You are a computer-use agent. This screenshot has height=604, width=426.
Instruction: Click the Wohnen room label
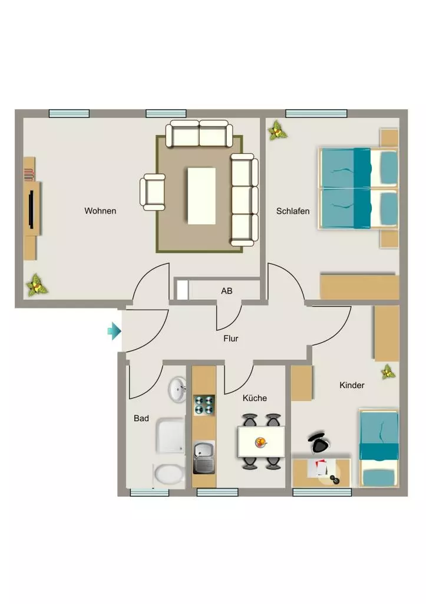pos(100,211)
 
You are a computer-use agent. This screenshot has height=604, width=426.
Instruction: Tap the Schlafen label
pos(293,211)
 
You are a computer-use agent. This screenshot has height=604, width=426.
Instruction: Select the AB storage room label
pos(227,291)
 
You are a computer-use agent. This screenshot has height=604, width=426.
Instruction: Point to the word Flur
pos(231,338)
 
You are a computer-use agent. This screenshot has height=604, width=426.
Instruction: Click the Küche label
pos(255,398)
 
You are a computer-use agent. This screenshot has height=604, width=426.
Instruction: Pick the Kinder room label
pos(352,385)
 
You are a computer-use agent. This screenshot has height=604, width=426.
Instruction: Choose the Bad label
pos(141,418)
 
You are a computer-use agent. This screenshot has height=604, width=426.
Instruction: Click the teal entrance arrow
pos(114,331)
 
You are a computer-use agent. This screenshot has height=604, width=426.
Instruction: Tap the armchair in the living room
pos(153,192)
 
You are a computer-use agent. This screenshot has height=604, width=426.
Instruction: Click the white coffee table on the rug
pos(202,196)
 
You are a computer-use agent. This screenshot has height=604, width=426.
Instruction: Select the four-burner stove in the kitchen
pos(204,405)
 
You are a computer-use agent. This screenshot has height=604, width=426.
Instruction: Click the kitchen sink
pos(204,457)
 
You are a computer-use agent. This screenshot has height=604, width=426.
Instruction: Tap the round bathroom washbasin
pos(177,389)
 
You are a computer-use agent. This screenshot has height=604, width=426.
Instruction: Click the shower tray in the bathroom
pos(170,436)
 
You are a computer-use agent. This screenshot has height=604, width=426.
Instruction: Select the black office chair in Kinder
pos(319,442)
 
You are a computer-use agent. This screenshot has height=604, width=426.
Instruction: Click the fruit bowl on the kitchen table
pos(261,442)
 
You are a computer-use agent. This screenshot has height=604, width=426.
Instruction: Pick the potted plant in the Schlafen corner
pos(278,130)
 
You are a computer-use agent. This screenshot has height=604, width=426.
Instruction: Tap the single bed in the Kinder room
pos(379,449)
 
